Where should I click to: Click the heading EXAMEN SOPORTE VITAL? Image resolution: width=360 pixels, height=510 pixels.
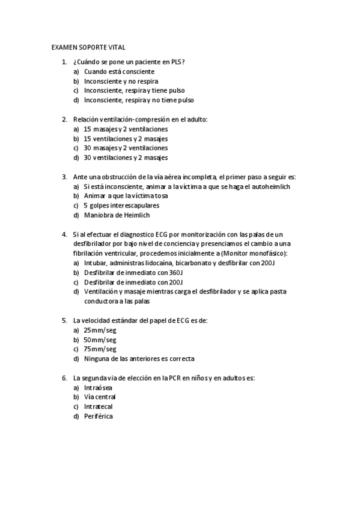click(x=88, y=47)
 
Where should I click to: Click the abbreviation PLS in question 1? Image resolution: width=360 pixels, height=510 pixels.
click(x=176, y=62)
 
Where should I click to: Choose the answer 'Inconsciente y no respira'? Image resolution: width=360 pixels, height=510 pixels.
click(x=121, y=81)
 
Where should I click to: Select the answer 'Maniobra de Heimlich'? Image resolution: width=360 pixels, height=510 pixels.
click(x=117, y=215)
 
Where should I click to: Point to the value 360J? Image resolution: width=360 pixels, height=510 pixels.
click(x=174, y=272)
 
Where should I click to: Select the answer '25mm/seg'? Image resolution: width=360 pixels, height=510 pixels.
click(x=100, y=330)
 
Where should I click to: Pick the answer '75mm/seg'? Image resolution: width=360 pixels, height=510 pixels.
click(x=100, y=349)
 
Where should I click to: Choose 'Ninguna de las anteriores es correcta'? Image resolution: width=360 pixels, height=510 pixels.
click(x=139, y=358)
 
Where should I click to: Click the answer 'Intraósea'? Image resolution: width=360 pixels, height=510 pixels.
click(x=98, y=387)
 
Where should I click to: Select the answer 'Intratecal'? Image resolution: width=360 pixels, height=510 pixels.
click(x=98, y=407)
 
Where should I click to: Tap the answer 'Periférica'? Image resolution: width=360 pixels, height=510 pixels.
click(x=99, y=416)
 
